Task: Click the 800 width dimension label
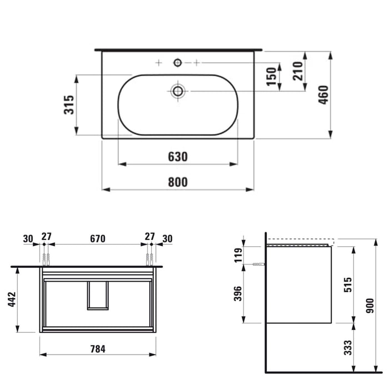(x=178, y=182)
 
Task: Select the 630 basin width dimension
(x=178, y=157)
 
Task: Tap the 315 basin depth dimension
(x=69, y=104)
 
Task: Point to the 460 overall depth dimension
(x=323, y=95)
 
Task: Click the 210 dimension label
(x=298, y=71)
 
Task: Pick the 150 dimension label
(x=271, y=77)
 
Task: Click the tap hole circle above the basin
(x=178, y=62)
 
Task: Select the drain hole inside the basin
(x=178, y=91)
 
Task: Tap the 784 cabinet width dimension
(x=98, y=349)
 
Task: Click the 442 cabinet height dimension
(x=12, y=300)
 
